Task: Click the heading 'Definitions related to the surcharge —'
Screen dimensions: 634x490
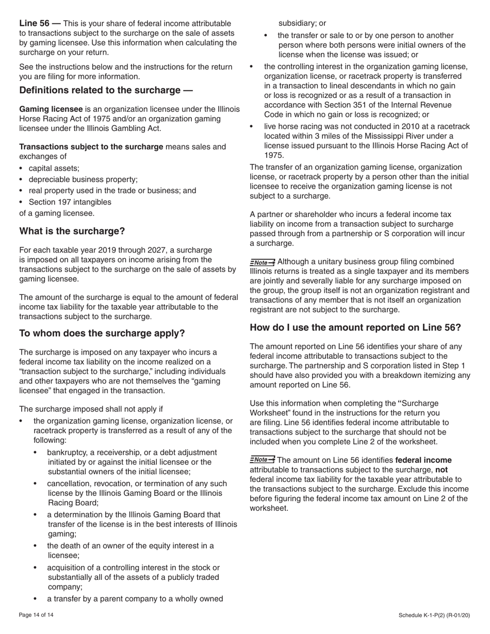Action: (x=106, y=90)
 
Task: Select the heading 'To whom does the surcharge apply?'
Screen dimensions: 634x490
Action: (x=102, y=333)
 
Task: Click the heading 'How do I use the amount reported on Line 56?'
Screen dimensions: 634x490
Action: (x=355, y=327)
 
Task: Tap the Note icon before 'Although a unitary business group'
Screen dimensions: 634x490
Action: (x=262, y=262)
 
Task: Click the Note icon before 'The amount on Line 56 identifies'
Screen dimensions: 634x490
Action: (x=262, y=459)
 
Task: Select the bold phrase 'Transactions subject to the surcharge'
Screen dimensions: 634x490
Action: (x=91, y=147)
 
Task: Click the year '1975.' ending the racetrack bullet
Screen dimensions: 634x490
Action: (x=274, y=155)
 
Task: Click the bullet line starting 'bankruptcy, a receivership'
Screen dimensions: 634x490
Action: (x=132, y=452)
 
